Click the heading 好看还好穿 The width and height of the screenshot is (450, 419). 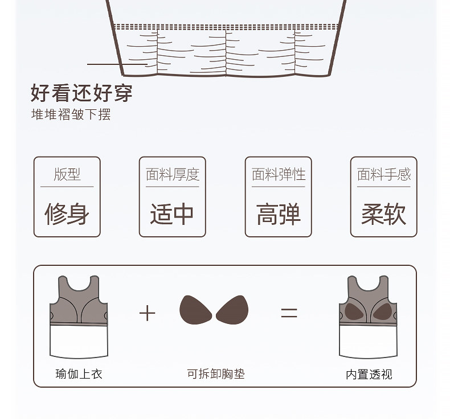click(x=81, y=92)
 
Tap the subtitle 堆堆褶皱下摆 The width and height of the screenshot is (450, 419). click(x=71, y=114)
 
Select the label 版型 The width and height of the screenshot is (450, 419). click(x=67, y=174)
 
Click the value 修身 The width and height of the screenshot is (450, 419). click(x=67, y=213)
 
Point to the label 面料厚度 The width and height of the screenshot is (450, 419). click(x=173, y=174)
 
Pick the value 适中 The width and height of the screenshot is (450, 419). click(x=172, y=213)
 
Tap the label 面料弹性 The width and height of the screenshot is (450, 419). click(x=279, y=174)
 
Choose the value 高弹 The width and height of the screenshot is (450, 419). click(x=278, y=213)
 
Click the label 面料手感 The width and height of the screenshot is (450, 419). click(x=384, y=174)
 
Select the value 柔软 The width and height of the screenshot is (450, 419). click(x=383, y=213)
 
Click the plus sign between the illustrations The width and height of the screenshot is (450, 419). click(x=147, y=313)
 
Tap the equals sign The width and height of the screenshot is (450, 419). click(x=289, y=313)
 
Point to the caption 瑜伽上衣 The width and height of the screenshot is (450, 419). click(x=79, y=374)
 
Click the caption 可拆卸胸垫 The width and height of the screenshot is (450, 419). click(x=216, y=374)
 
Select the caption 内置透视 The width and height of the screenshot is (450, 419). click(x=369, y=374)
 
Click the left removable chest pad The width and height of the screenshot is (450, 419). click(x=195, y=310)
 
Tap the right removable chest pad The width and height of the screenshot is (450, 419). click(x=232, y=310)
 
